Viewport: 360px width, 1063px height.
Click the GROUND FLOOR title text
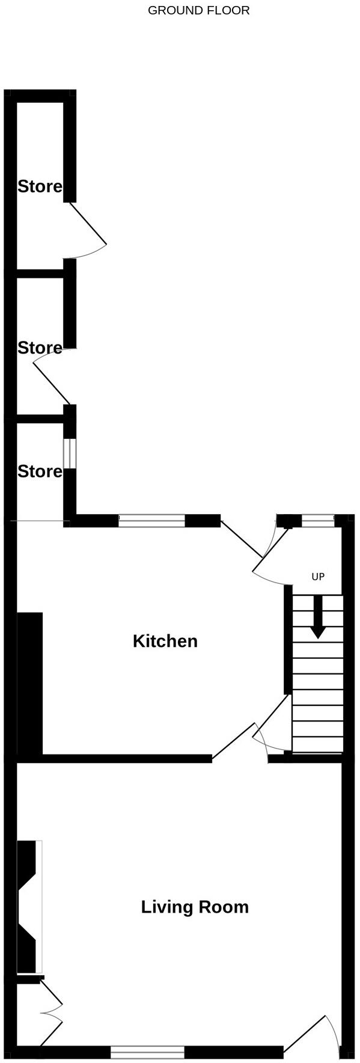click(198, 10)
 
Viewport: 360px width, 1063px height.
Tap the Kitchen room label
click(165, 641)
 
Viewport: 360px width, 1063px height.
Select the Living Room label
click(195, 907)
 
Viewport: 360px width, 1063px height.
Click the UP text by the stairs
click(318, 577)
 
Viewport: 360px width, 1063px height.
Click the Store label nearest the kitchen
click(40, 471)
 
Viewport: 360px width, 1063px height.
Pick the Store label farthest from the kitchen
click(40, 186)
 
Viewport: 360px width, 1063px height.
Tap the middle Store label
click(40, 348)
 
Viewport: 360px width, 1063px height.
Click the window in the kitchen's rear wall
click(151, 521)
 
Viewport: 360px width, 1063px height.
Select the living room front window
click(147, 1052)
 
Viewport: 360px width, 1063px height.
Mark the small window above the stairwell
click(318, 521)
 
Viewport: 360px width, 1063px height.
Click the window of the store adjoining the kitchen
click(70, 453)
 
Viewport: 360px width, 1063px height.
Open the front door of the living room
click(313, 1034)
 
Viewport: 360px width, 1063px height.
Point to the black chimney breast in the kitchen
click(30, 684)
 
